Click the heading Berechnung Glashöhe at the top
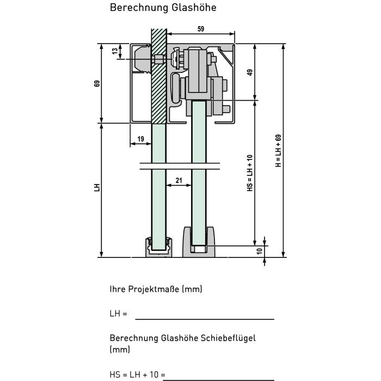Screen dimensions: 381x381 click(x=163, y=8)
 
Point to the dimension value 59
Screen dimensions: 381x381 click(x=201, y=29)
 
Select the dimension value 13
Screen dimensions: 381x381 click(x=115, y=51)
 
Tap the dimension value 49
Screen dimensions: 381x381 click(x=250, y=72)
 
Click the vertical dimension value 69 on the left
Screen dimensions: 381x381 click(x=97, y=83)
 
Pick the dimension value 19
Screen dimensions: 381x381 click(x=140, y=139)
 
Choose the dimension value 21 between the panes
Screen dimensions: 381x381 click(x=179, y=181)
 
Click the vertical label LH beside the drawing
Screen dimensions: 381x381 click(x=97, y=187)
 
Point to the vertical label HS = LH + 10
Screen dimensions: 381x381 click(x=250, y=173)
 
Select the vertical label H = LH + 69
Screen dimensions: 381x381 click(x=278, y=151)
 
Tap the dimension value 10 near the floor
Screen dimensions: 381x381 click(x=260, y=251)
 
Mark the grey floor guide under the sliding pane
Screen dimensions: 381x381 click(x=199, y=242)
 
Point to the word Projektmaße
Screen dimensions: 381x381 click(x=153, y=289)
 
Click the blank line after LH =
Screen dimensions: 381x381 click(x=205, y=319)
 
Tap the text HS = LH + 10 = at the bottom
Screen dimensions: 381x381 click(x=138, y=374)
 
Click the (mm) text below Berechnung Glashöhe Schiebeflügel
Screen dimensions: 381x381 click(x=120, y=349)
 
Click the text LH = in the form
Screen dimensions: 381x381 click(x=118, y=314)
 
